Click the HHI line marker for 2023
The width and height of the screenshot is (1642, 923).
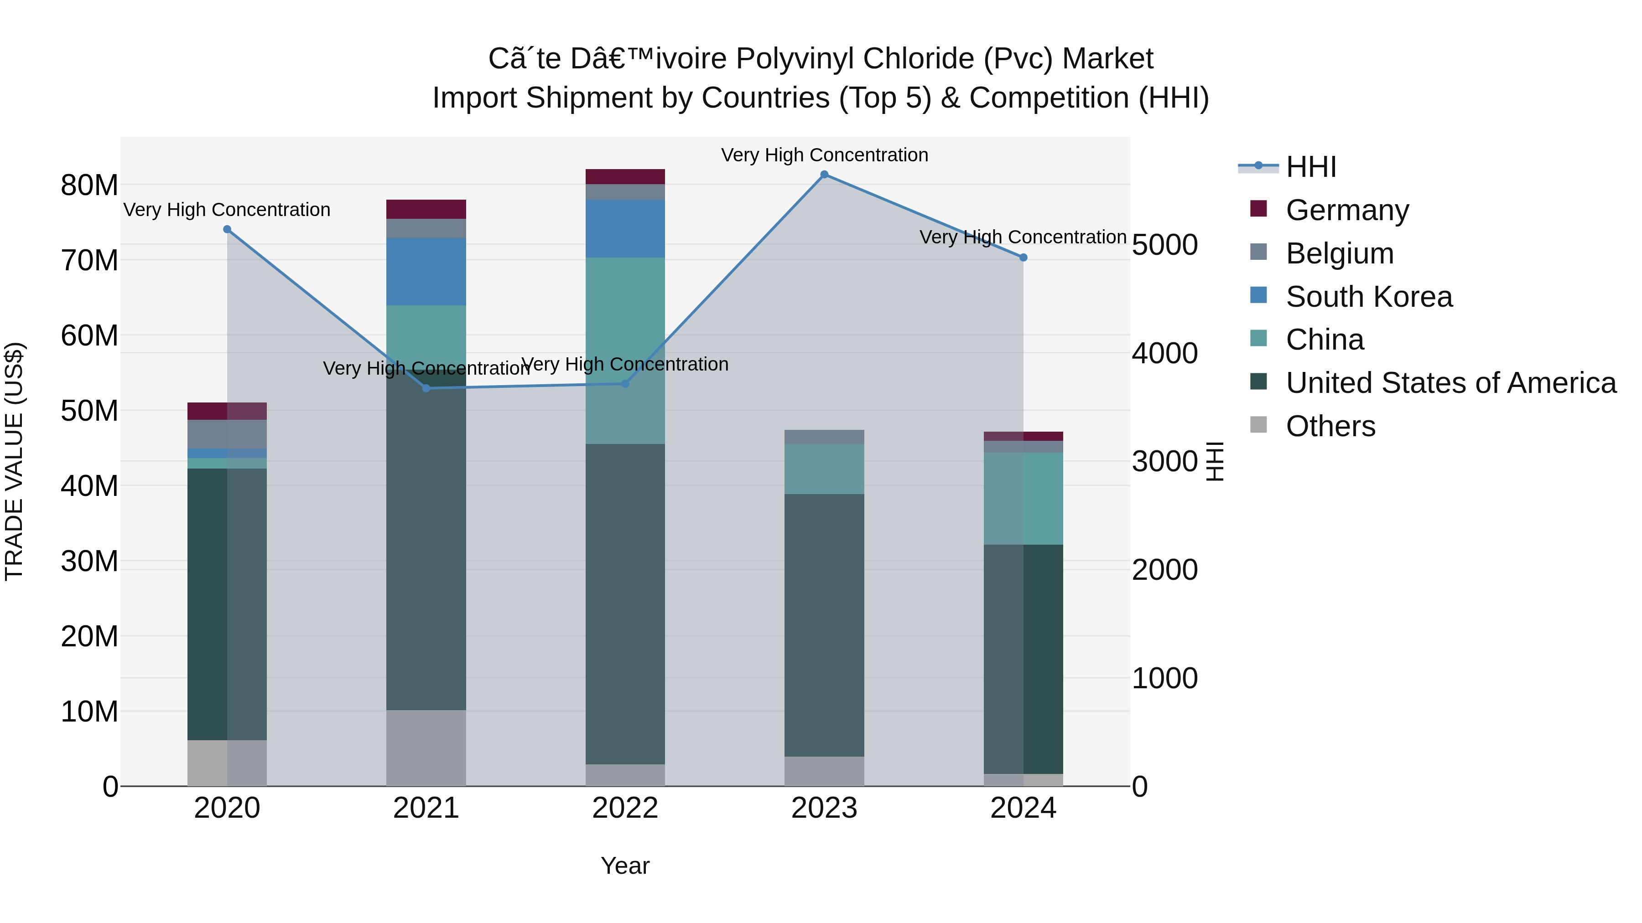[x=824, y=175]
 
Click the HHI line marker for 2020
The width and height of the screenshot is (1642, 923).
[x=227, y=229]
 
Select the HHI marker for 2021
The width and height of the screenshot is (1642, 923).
[x=426, y=388]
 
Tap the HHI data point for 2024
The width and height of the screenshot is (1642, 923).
[x=1023, y=258]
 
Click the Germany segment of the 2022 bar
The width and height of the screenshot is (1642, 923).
[x=625, y=176]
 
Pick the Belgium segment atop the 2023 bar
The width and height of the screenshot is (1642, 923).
[x=824, y=437]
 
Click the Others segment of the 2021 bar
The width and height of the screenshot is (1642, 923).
[x=426, y=748]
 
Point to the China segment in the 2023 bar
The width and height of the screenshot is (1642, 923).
[x=824, y=469]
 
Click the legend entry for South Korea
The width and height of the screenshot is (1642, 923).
[x=1368, y=297]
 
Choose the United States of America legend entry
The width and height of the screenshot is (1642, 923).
[x=1450, y=383]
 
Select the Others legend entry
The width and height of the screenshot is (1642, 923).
[x=1330, y=426]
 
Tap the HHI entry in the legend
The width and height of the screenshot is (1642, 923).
[x=1310, y=167]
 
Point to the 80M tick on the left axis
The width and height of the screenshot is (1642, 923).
[x=89, y=186]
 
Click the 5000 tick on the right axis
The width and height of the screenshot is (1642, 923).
[x=1164, y=245]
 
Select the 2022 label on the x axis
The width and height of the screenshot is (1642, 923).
[x=625, y=808]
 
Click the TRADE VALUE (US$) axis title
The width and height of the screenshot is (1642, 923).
[x=14, y=461]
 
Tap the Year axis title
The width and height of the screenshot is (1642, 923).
[x=625, y=866]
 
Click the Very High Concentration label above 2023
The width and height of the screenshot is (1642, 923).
[x=824, y=155]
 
